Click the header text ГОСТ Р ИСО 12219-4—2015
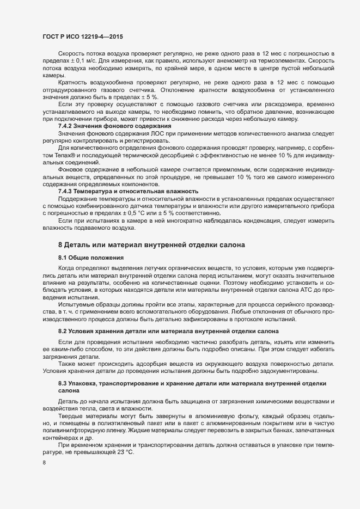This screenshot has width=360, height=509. (82, 36)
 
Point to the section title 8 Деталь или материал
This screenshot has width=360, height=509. (151, 246)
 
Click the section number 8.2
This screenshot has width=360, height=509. (63, 331)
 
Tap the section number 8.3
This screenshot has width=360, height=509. (63, 384)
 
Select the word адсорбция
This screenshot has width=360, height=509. (159, 363)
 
